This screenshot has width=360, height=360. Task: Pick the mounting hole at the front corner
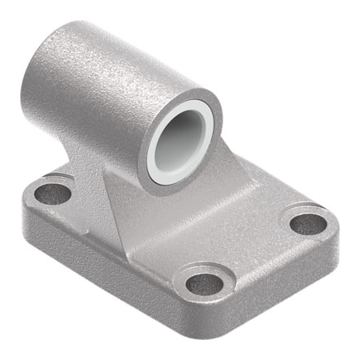coord(206,283)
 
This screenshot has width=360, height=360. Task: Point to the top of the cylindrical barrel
coord(120,44)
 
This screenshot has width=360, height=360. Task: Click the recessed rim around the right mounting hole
coord(308,211)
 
